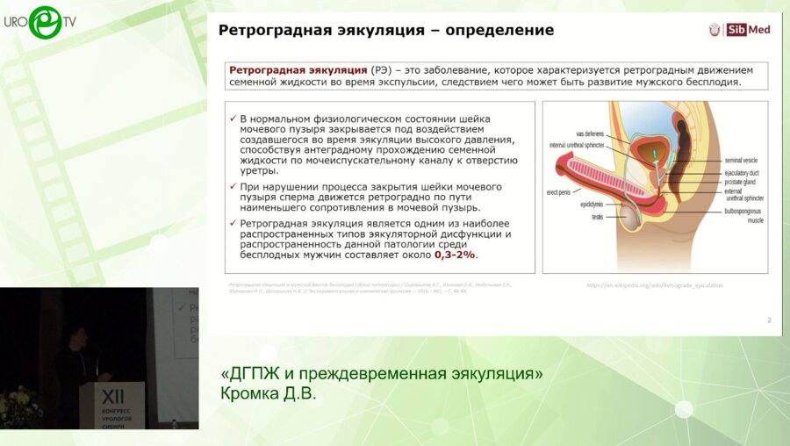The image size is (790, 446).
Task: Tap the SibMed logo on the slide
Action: click(739, 30)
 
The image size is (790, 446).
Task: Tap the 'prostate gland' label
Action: click(742, 182)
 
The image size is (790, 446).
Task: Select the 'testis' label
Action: click(597, 216)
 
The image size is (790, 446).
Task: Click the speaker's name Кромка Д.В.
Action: click(267, 393)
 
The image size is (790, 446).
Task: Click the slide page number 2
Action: click(769, 320)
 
